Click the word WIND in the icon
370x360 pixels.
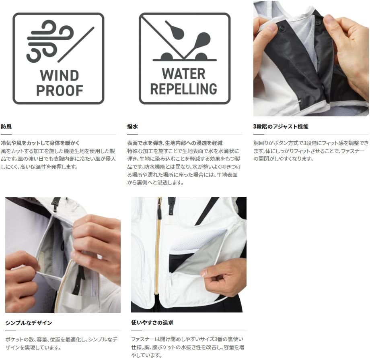point(59,76)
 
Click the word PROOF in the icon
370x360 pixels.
point(60,91)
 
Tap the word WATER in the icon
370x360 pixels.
point(183,74)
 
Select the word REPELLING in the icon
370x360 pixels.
point(183,89)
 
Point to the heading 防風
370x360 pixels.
point(6,126)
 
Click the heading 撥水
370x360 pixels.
point(132,126)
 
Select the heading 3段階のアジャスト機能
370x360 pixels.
point(281,126)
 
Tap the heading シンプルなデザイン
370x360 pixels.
point(29,323)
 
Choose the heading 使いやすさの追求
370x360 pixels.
point(152,323)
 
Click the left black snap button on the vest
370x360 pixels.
point(282,28)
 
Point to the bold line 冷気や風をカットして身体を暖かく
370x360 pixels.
point(40,143)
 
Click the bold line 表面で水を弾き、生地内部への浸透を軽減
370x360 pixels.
point(175,143)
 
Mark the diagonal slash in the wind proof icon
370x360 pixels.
point(76,45)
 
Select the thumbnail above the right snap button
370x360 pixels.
point(328,19)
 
